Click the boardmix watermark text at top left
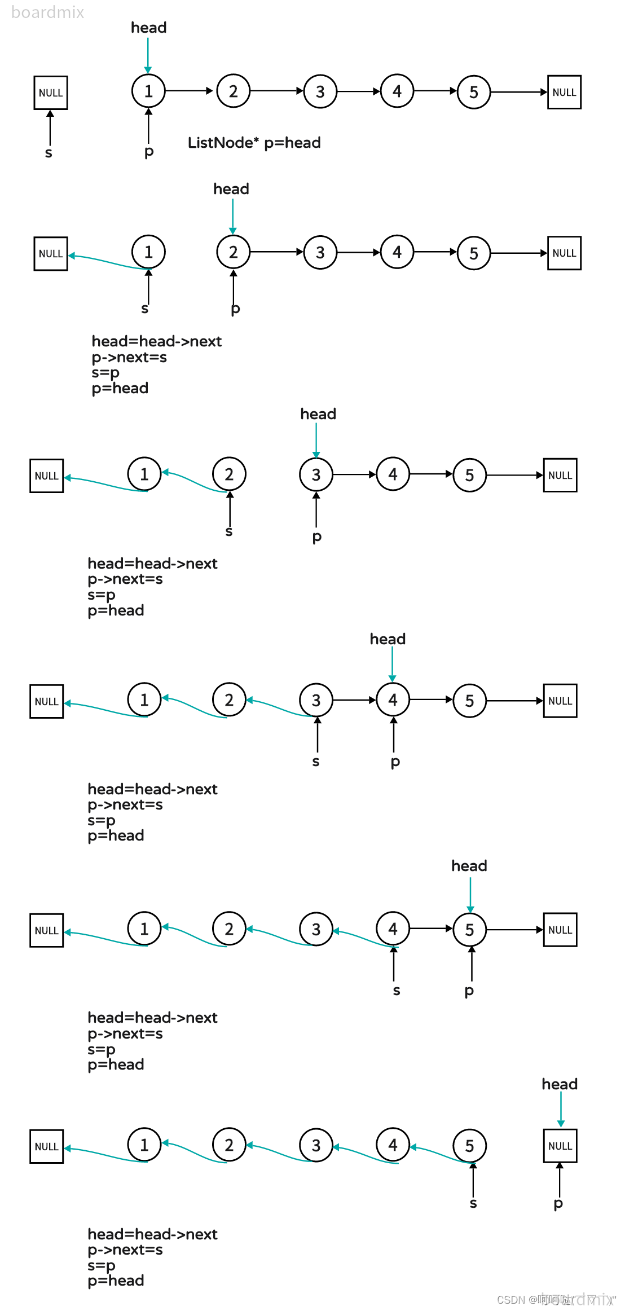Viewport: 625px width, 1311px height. (48, 12)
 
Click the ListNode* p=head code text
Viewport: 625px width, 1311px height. (254, 143)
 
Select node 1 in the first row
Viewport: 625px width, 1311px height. (148, 91)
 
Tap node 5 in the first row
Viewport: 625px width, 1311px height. (473, 92)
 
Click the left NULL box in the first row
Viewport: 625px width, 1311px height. (51, 93)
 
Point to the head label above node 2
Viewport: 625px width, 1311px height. (231, 189)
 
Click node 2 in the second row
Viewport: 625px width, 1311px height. (233, 252)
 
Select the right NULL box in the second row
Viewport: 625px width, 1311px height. (564, 253)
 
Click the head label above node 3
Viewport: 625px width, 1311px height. (318, 414)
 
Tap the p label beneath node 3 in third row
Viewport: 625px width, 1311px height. (317, 536)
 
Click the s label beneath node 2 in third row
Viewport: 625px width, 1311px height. (229, 531)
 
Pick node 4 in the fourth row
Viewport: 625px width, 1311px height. (393, 700)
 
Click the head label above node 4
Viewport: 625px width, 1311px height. (388, 639)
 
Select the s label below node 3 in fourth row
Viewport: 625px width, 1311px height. (316, 762)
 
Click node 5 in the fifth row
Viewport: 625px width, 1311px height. (469, 930)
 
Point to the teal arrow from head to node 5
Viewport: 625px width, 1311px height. (470, 894)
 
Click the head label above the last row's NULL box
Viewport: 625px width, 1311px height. (560, 1084)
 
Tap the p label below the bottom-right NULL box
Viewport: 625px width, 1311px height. (558, 1204)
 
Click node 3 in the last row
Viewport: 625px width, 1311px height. (316, 1145)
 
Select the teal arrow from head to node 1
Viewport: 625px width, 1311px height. (148, 55)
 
